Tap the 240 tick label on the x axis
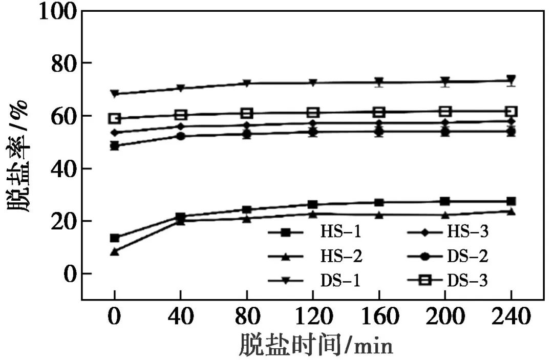coord(511,318)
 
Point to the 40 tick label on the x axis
coord(181,318)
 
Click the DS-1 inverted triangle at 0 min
coord(115,94)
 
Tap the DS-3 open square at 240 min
coord(511,112)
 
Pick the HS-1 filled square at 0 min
coord(115,238)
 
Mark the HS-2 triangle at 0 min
coord(115,251)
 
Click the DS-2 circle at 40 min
coord(181,136)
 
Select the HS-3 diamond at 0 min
coord(115,133)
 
